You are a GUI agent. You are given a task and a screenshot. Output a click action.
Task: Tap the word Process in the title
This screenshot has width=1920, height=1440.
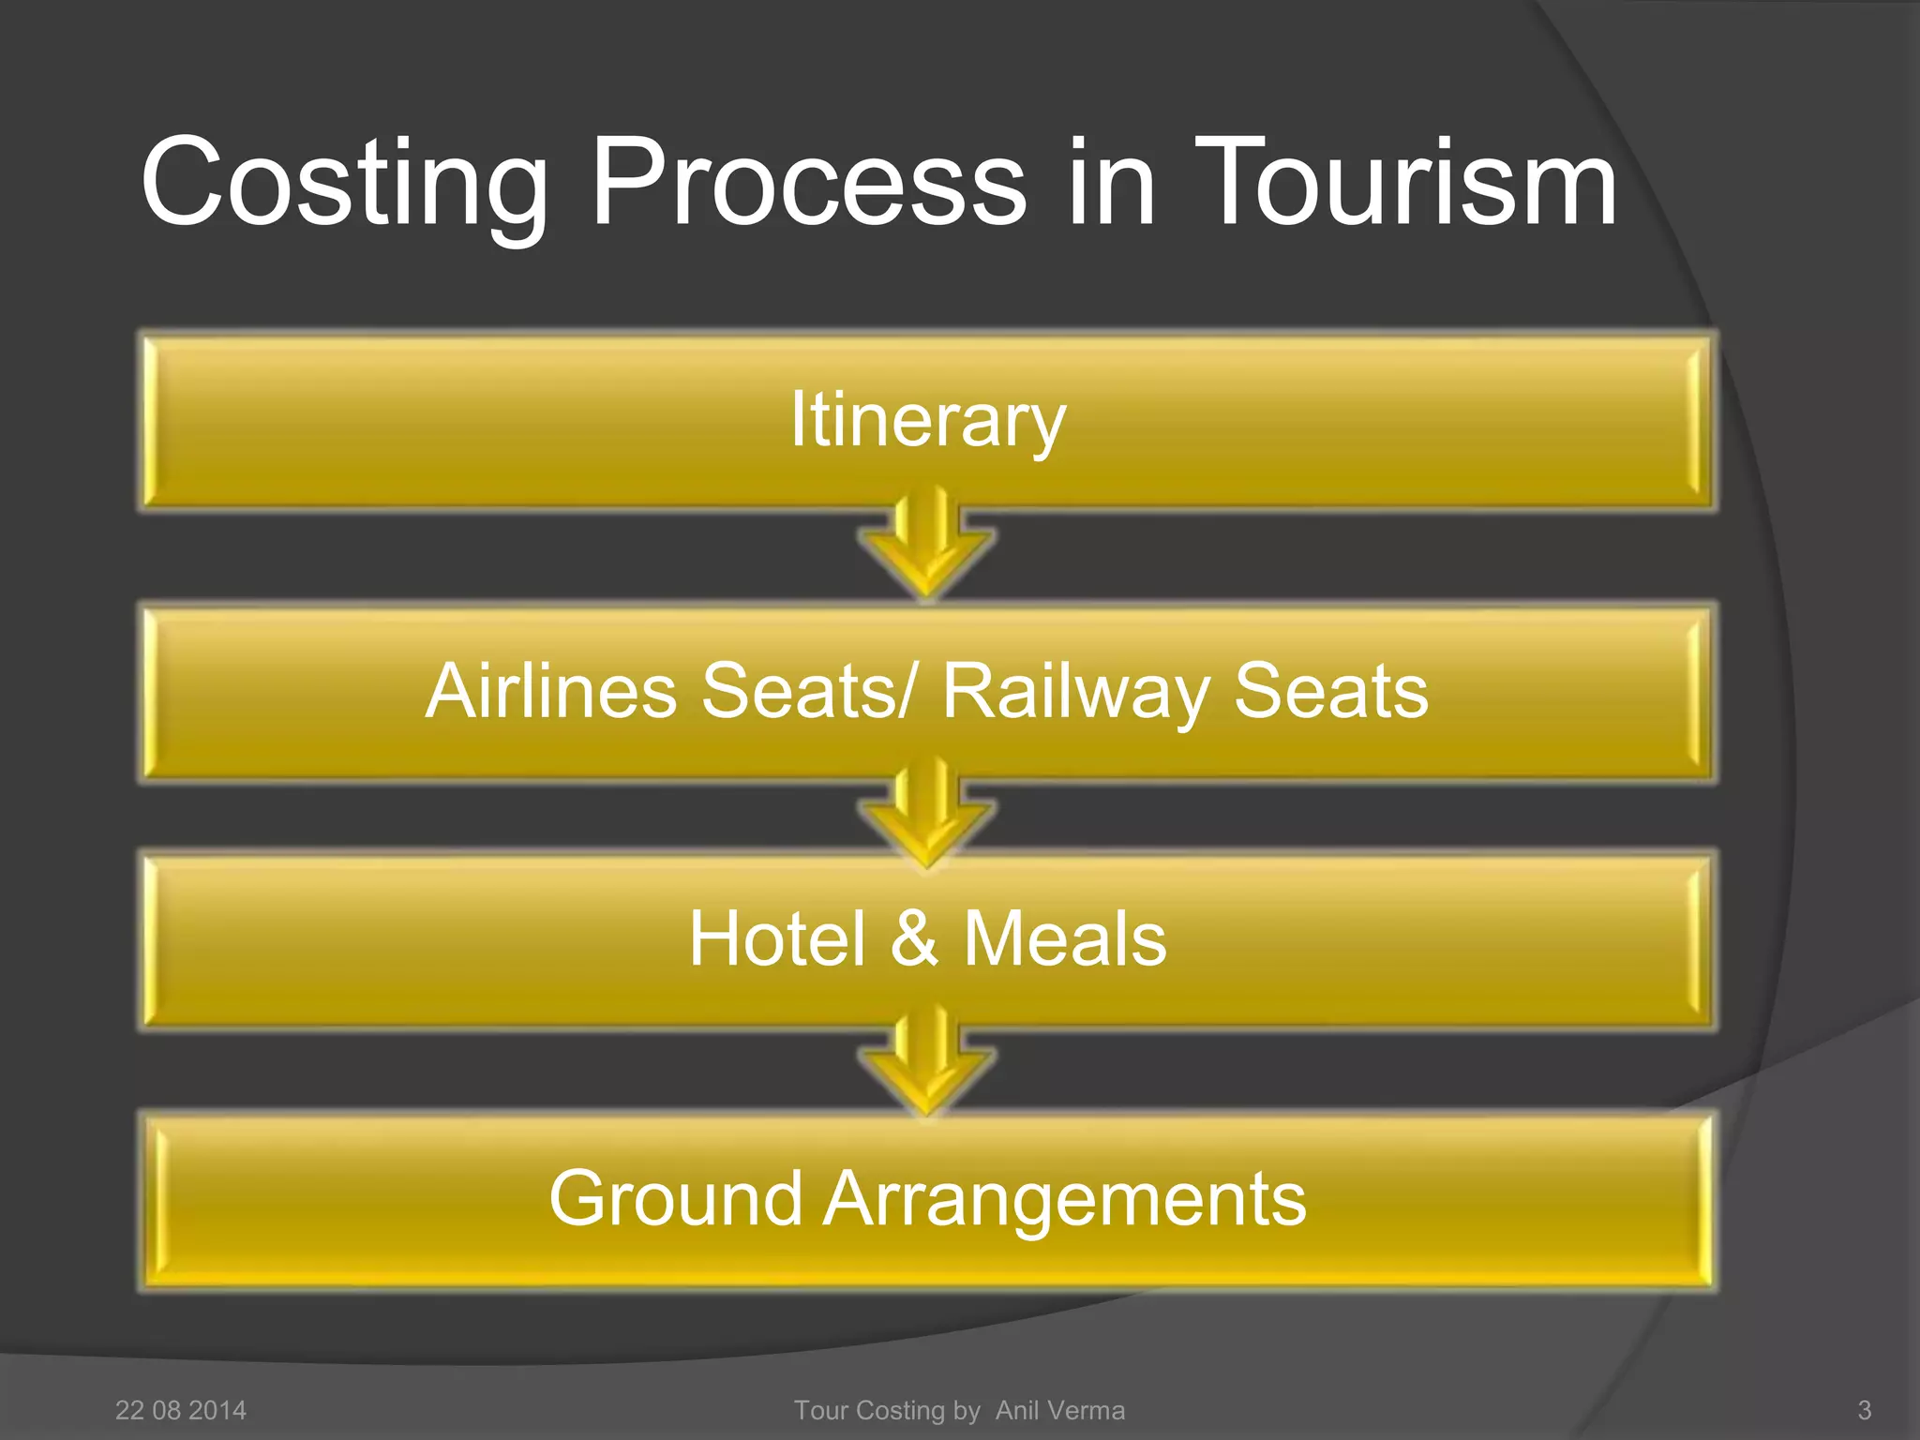(x=809, y=182)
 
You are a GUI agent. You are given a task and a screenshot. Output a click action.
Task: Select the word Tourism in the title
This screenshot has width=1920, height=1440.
(x=1404, y=182)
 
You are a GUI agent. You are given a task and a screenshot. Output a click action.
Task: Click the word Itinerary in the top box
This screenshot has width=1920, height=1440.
(x=928, y=421)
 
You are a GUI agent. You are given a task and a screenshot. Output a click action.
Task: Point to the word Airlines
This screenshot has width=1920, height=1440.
(x=550, y=691)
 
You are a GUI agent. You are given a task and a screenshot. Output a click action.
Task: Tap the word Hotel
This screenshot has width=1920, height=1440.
(x=776, y=938)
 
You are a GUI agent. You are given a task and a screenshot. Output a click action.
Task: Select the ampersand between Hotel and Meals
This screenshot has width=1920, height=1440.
(x=914, y=938)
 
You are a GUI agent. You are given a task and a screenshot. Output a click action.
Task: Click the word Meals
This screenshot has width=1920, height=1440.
(x=1065, y=938)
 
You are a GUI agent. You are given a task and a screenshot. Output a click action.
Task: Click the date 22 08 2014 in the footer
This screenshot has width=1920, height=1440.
(x=180, y=1410)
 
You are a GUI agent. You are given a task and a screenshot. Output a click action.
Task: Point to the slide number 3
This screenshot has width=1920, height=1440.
(x=1864, y=1410)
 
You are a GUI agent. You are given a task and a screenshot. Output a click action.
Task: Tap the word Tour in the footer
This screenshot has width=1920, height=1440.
(x=821, y=1410)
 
